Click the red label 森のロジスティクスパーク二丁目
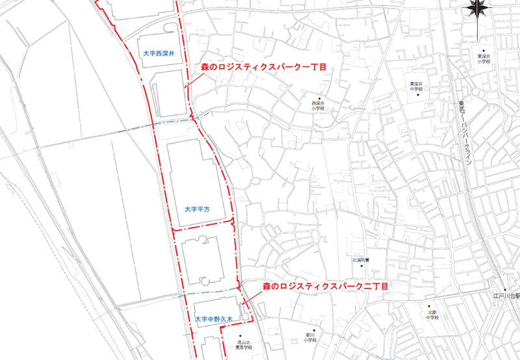[x=325, y=286]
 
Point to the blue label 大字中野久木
[x=216, y=319]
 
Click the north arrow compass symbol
[x=478, y=9]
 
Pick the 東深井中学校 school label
[x=416, y=86]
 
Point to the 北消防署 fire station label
[x=361, y=260]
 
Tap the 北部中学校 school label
[x=433, y=315]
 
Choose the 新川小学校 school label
[x=309, y=338]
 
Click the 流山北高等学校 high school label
[x=244, y=344]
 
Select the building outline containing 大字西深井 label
[x=159, y=45]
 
